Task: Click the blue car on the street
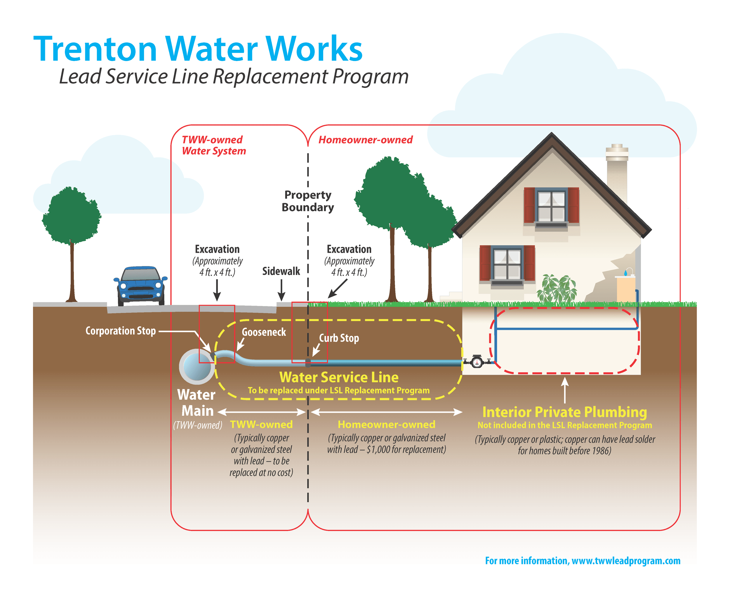pos(140,286)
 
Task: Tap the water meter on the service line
pos(477,361)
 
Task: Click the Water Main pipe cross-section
pos(197,367)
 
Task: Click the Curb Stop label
pos(339,338)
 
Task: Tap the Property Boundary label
pos(307,201)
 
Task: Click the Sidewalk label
pos(281,271)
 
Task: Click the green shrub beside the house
pos(557,289)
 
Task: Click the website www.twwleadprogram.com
pos(626,561)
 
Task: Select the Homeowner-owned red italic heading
pos(365,140)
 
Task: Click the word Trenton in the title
pos(95,49)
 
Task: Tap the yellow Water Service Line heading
pos(339,377)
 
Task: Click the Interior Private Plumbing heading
pos(564,412)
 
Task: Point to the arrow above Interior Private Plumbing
pos(564,390)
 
